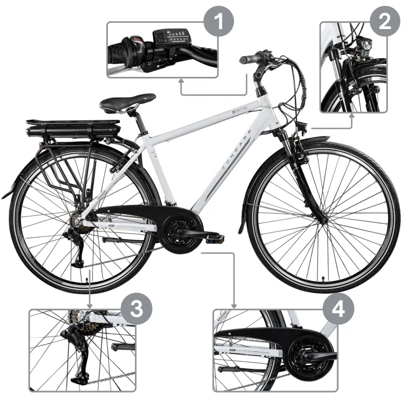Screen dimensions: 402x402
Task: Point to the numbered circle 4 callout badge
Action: [x=338, y=310]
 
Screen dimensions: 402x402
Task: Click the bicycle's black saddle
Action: [x=128, y=102]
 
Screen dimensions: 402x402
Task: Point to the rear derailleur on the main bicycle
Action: [x=78, y=249]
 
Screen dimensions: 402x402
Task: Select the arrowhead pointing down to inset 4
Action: [x=234, y=306]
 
